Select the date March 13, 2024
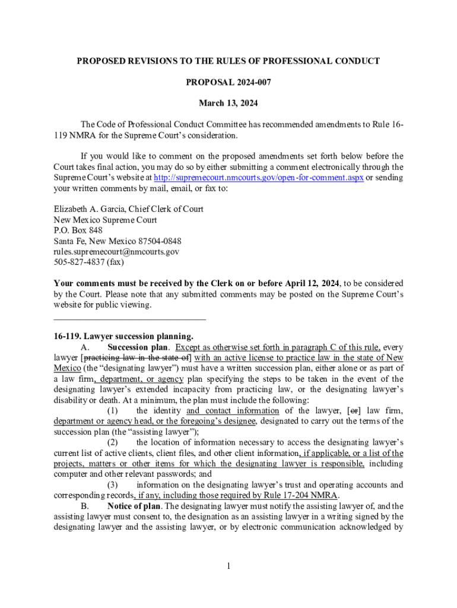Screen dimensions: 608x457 coord(228,103)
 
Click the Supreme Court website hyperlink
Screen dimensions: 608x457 coord(259,178)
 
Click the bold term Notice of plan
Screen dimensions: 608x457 coord(134,506)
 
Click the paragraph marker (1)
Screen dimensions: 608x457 coord(112,411)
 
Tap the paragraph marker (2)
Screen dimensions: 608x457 coord(112,442)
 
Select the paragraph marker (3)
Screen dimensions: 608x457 coord(112,485)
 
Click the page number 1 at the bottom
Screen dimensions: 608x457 coord(228,565)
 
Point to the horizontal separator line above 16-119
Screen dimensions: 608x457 coord(129,319)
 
